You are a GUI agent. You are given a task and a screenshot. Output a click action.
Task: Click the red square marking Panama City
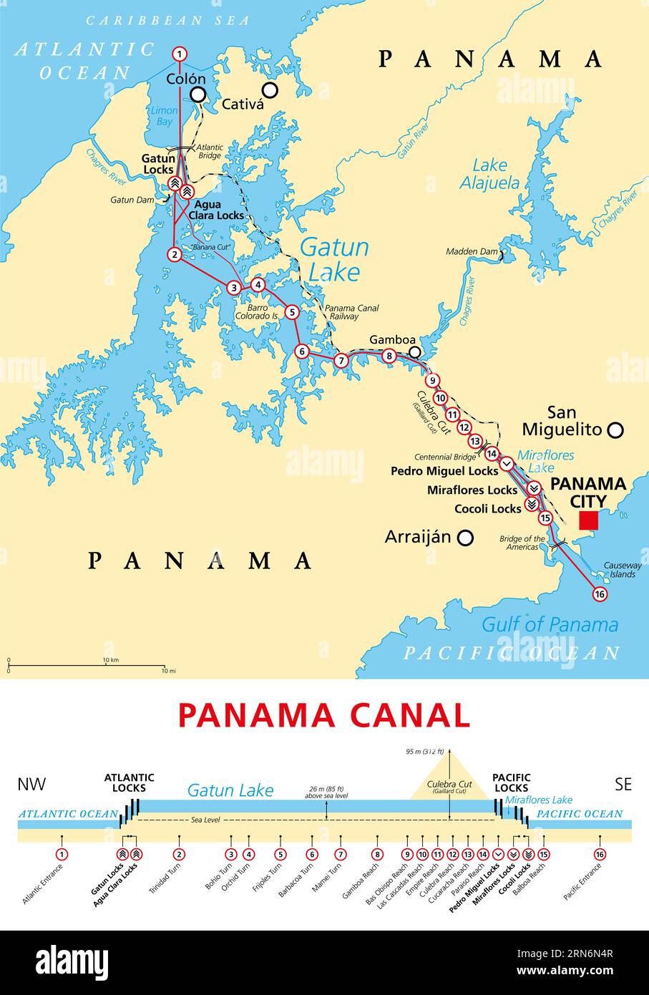pyautogui.click(x=589, y=520)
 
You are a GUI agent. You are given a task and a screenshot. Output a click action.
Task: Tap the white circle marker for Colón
pyautogui.click(x=198, y=94)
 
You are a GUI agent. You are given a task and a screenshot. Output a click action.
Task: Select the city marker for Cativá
pyautogui.click(x=270, y=89)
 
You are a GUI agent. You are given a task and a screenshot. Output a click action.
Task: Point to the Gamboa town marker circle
pyautogui.click(x=414, y=351)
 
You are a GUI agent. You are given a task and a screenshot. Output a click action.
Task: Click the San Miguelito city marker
pyautogui.click(x=615, y=430)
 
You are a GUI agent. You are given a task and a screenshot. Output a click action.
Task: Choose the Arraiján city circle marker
pyautogui.click(x=466, y=537)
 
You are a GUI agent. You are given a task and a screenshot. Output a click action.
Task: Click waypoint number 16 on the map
pyautogui.click(x=600, y=594)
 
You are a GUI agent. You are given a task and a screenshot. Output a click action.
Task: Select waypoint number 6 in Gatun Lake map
pyautogui.click(x=302, y=351)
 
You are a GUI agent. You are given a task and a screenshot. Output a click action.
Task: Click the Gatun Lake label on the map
pyautogui.click(x=334, y=260)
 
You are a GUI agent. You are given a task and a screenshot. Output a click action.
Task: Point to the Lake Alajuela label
pyautogui.click(x=489, y=174)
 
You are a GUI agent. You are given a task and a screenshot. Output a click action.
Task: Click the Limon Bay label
pyautogui.click(x=164, y=116)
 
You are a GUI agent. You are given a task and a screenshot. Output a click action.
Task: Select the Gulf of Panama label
pyautogui.click(x=550, y=624)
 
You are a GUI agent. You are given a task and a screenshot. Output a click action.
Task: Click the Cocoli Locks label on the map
pyautogui.click(x=488, y=509)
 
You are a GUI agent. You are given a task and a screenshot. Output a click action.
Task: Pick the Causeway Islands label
pyautogui.click(x=619, y=570)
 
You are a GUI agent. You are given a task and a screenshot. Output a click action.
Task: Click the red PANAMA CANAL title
pyautogui.click(x=324, y=715)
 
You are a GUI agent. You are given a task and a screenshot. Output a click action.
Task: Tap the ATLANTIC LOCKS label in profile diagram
pyautogui.click(x=129, y=782)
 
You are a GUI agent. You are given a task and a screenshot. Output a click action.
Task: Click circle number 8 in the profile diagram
pyautogui.click(x=377, y=854)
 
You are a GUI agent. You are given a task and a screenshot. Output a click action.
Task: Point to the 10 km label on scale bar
pyautogui.click(x=110, y=659)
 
